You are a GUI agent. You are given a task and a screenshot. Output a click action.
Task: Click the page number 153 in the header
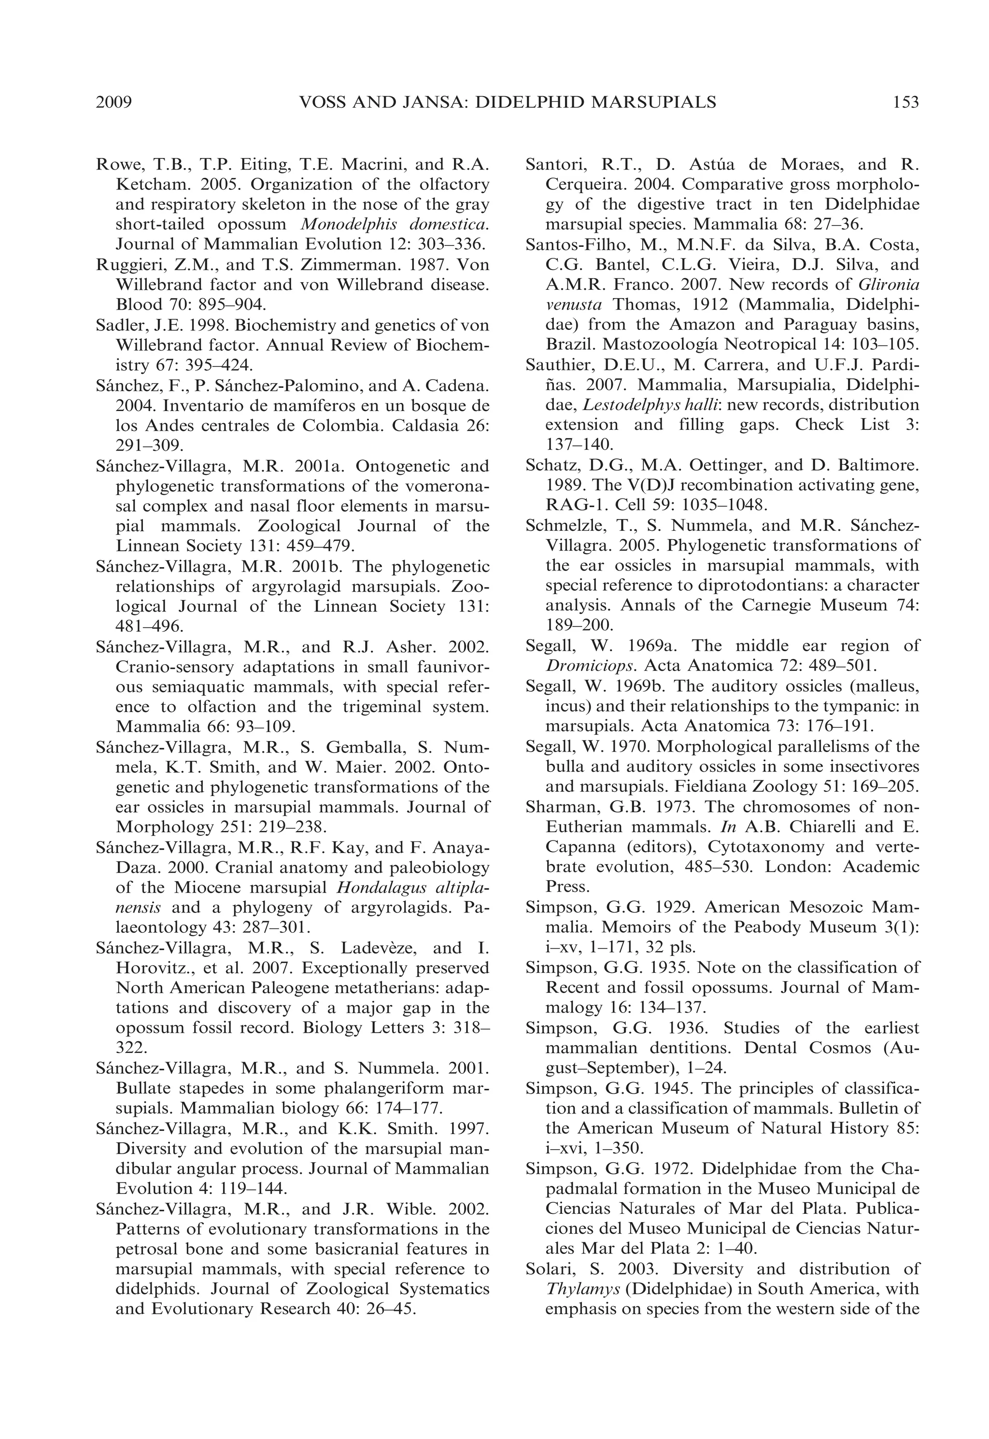point(905,102)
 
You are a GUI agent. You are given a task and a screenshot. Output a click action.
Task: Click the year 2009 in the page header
point(114,102)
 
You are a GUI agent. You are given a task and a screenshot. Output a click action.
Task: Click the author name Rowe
point(119,165)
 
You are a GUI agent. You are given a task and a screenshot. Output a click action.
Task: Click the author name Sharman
point(556,807)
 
